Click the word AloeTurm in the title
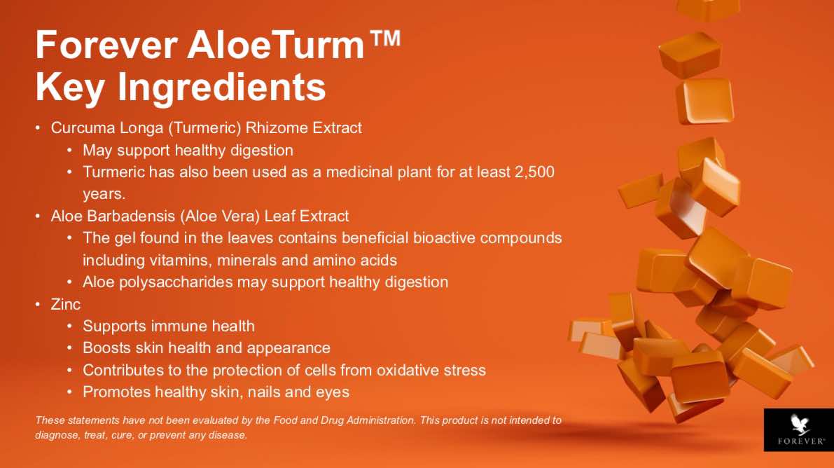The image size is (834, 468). [275, 45]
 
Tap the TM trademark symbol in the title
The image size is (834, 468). [384, 39]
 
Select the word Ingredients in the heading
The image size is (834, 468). [221, 87]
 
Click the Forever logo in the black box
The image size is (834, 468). [799, 429]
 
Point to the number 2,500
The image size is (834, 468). [534, 172]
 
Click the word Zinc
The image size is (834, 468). [65, 304]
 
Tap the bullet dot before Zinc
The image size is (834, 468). [38, 304]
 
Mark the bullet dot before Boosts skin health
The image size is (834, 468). [70, 347]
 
